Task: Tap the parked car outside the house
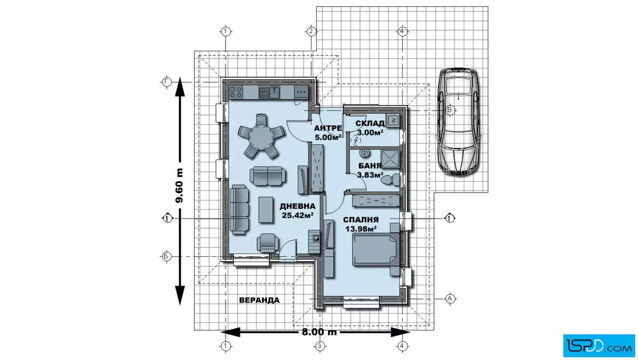pyautogui.click(x=458, y=121)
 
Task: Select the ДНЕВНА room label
pyautogui.click(x=297, y=206)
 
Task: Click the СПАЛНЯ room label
pyautogui.click(x=361, y=220)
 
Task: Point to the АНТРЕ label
pyautogui.click(x=328, y=129)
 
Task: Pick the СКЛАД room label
pyautogui.click(x=370, y=124)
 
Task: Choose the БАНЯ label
pyautogui.click(x=370, y=166)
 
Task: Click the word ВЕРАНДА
pyautogui.click(x=259, y=301)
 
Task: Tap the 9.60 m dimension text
pyautogui.click(x=179, y=186)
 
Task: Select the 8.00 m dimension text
pyautogui.click(x=320, y=332)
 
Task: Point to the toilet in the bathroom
pyautogui.click(x=391, y=179)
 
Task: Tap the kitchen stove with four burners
pyautogui.click(x=236, y=92)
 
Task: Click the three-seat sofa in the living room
pyautogui.click(x=239, y=210)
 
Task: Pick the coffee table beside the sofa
pyautogui.click(x=266, y=210)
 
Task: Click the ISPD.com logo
pyautogui.click(x=599, y=346)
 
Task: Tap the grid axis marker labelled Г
pyautogui.click(x=166, y=82)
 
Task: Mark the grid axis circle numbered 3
pyautogui.click(x=320, y=346)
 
